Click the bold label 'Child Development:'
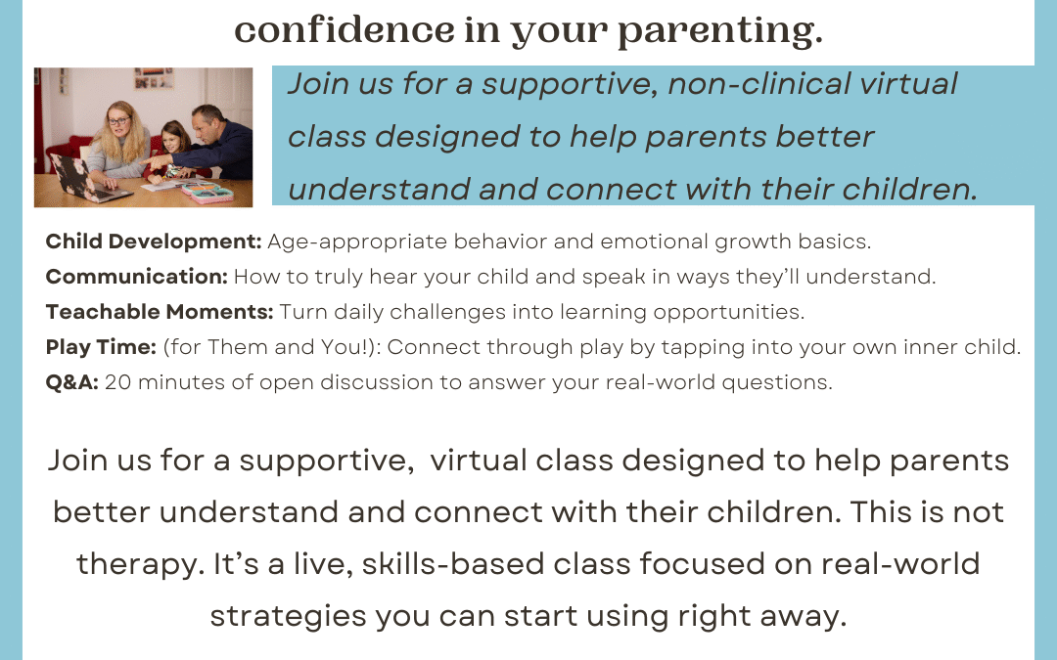coord(154,242)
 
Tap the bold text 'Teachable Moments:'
coord(160,312)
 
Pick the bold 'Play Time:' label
coord(101,347)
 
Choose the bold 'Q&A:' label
coord(72,382)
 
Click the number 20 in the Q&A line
coord(116,382)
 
